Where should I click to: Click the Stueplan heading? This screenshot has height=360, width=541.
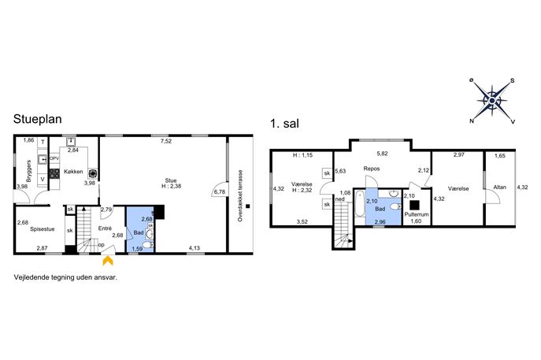tap(37, 120)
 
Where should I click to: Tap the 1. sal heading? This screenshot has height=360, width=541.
tap(284, 123)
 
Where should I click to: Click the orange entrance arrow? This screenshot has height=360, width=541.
tap(108, 260)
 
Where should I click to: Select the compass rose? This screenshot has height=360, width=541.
tap(492, 101)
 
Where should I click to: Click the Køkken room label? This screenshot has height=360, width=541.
tap(73, 171)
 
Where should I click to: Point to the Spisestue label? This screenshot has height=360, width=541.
tap(42, 228)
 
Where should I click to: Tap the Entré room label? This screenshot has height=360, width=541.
tap(105, 228)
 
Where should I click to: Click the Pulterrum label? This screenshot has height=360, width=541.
tap(417, 214)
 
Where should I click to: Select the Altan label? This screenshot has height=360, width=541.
tap(499, 187)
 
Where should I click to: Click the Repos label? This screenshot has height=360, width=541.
tap(372, 169)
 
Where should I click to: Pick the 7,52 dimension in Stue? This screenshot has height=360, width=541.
tap(166, 141)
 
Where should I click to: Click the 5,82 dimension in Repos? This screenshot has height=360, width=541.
tap(382, 154)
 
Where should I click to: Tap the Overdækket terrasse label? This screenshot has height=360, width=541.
tap(240, 195)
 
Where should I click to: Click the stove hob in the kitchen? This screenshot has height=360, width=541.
tap(54, 173)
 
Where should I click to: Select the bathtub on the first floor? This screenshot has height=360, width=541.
tap(360, 203)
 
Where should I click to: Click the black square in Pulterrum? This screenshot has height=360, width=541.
tap(414, 206)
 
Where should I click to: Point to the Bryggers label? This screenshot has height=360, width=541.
tap(29, 171)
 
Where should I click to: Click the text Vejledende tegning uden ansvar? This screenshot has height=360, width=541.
tap(65, 277)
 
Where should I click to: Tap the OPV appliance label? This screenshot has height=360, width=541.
tap(54, 158)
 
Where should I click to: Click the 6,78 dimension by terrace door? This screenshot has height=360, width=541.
tap(220, 192)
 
